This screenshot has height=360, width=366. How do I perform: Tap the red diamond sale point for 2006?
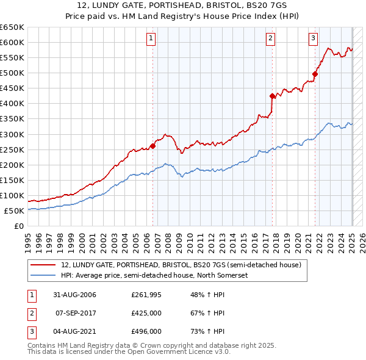[x=153, y=145]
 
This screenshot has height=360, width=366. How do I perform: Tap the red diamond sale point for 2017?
[x=272, y=95]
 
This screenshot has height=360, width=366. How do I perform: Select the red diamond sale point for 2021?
[x=315, y=74]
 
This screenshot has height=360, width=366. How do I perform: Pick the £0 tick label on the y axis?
[x=19, y=226]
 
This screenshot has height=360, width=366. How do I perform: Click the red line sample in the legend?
[x=44, y=265]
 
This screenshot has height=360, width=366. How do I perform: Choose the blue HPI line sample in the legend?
[x=44, y=275]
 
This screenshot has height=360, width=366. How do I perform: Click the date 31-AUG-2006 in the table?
[x=74, y=295]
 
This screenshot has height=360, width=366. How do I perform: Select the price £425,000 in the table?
[x=146, y=313]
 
